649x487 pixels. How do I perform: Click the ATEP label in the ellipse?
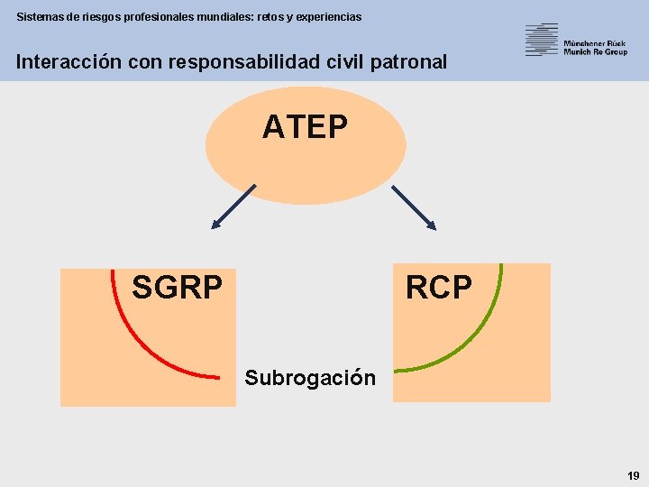tap(305, 127)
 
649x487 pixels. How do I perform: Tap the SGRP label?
tap(177, 288)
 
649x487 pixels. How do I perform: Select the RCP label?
tap(438, 288)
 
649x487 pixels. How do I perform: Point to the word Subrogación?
tap(310, 377)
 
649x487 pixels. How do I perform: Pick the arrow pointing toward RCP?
tap(414, 207)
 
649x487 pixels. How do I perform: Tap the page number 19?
tap(633, 475)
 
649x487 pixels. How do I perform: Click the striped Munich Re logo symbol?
tap(542, 40)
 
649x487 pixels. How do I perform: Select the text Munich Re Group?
tap(595, 52)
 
